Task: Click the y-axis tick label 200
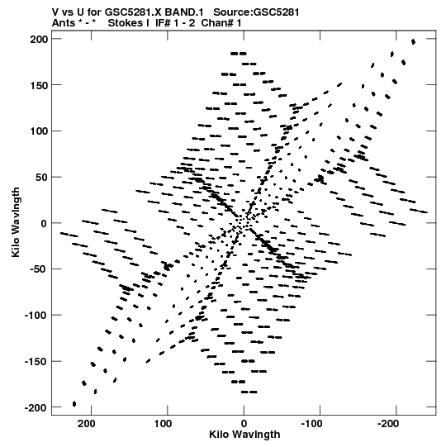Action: coord(40,39)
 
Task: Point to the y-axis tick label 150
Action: coord(40,85)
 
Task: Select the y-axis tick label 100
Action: coord(40,131)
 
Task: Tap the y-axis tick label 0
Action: coord(44,224)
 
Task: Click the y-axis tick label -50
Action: coord(38,269)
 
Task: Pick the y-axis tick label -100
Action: coord(36,316)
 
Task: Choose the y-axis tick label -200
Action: coord(36,408)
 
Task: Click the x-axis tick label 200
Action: coord(87,424)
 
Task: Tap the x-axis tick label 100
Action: coord(163,424)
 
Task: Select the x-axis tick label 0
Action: coord(244,424)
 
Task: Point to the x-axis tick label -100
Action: coord(311,424)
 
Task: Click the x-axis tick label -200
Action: coord(388,424)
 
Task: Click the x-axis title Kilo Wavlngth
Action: coord(244,435)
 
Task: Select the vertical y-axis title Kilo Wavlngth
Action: coord(16,222)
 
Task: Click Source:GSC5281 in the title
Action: coord(257,12)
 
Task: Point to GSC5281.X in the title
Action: coord(132,12)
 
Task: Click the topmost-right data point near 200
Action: coord(413,42)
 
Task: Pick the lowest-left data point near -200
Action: coord(74,404)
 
